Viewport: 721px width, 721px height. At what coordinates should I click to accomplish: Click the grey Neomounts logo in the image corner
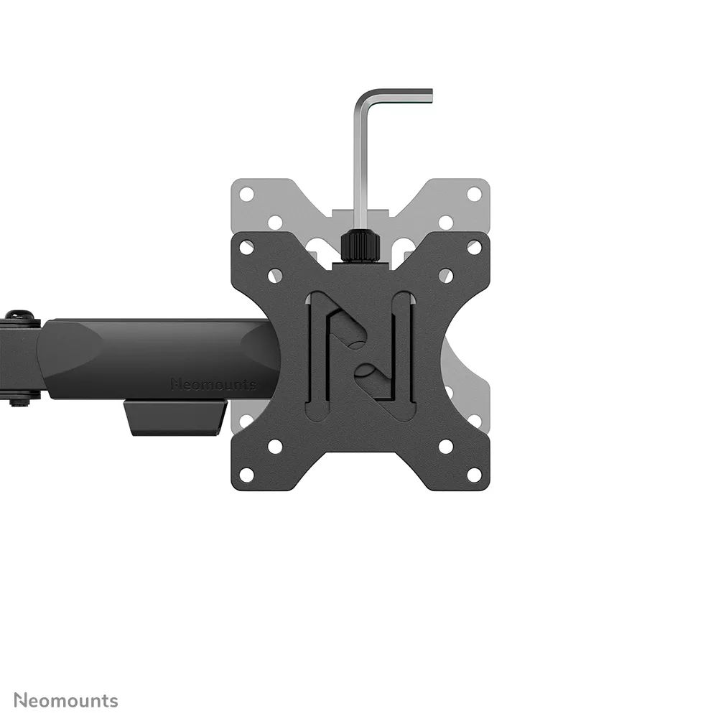(x=66, y=699)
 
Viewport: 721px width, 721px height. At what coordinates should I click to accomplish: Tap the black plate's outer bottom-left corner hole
(x=246, y=475)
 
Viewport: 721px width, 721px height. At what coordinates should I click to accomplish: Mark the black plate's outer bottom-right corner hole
(x=474, y=475)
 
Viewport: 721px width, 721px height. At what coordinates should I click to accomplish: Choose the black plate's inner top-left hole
(x=275, y=276)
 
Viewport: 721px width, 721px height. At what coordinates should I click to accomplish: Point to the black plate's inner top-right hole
(x=446, y=276)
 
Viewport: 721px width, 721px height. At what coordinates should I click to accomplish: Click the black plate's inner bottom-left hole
(x=275, y=447)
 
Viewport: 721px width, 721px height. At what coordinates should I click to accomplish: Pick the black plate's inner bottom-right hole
(x=446, y=447)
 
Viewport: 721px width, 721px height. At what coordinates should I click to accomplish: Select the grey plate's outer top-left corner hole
(x=246, y=194)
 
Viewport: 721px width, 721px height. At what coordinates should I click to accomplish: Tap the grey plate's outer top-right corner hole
(x=474, y=194)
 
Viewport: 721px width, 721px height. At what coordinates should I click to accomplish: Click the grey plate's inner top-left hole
(x=275, y=222)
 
